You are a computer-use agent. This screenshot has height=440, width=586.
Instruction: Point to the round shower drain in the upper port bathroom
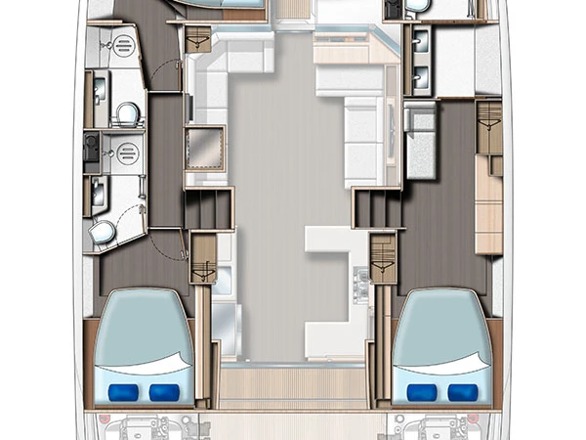point(124,45)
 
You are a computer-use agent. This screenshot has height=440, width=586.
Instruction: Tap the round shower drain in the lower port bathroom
point(124,152)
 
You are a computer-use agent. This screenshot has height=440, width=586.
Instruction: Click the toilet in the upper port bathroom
point(124,115)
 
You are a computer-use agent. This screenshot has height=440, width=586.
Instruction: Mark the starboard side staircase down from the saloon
point(372,209)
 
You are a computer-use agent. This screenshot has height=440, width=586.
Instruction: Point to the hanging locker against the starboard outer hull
point(488,127)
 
